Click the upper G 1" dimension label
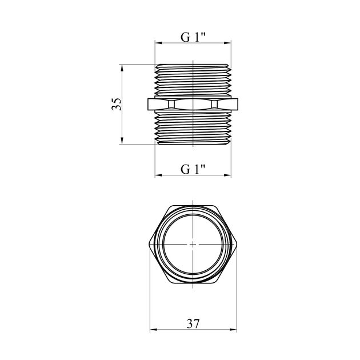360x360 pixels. (x=193, y=37)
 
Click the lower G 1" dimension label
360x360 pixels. (x=193, y=170)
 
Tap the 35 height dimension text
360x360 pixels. (x=117, y=104)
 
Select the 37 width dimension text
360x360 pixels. (x=193, y=324)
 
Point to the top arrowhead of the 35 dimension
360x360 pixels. (x=122, y=67)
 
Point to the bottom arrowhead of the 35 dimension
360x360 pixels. (x=122, y=141)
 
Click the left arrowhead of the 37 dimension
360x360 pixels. (x=153, y=330)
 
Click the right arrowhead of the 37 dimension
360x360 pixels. (x=233, y=330)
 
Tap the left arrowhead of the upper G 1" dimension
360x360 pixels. (x=158, y=43)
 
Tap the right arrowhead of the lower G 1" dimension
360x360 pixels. (x=228, y=175)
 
